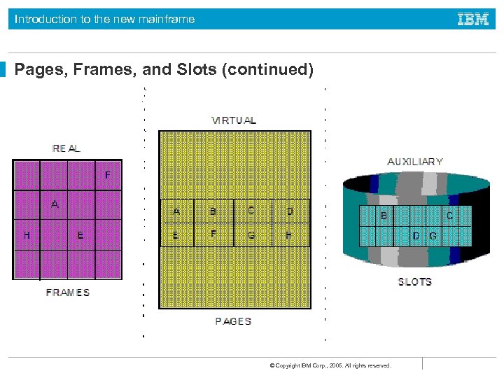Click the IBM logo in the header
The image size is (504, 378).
473,19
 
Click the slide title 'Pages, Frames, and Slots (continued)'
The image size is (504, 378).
164,69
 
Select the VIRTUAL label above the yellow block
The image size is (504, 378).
234,120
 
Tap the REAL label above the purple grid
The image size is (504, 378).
66,148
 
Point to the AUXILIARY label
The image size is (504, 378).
415,162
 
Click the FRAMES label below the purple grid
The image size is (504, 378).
68,293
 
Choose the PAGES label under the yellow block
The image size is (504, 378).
233,321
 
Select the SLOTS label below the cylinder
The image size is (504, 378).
415,282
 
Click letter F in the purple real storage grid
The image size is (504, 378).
107,175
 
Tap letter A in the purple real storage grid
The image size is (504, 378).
55,204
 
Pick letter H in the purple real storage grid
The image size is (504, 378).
27,236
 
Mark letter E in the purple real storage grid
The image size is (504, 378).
80,236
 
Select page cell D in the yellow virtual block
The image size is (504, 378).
290,211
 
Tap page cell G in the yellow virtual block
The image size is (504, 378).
251,235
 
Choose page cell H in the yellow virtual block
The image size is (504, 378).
289,235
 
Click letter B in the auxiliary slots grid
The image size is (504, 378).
384,216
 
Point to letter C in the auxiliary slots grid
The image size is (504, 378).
449,216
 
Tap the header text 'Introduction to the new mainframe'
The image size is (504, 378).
105,20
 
